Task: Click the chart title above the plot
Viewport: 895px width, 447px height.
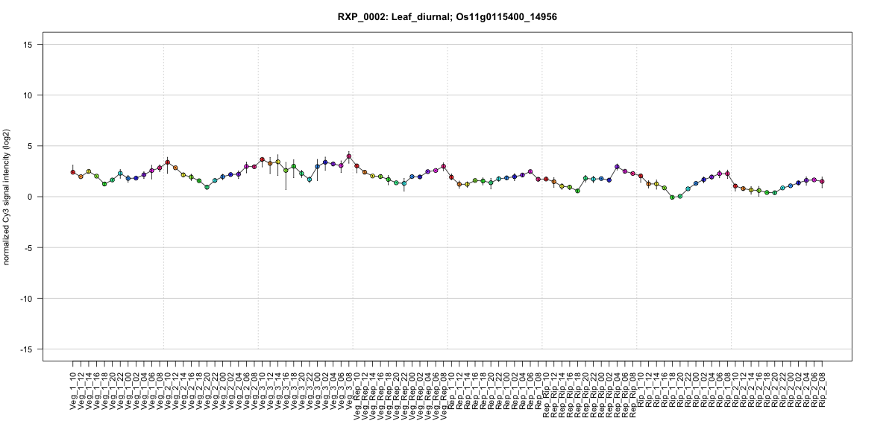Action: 447,16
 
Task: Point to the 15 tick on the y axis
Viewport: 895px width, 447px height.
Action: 31,45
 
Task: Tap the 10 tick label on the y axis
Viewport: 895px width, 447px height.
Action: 31,95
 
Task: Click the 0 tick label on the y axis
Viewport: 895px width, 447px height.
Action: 33,197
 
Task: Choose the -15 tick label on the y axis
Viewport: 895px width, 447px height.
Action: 29,349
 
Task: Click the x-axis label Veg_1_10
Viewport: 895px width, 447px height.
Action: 73,387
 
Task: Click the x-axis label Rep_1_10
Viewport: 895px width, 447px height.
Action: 451,387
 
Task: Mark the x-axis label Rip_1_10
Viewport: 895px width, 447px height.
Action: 641,387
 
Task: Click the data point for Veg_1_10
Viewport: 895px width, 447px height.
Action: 73,172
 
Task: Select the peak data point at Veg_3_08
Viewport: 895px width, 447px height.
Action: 349,156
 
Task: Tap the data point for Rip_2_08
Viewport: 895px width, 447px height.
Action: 822,181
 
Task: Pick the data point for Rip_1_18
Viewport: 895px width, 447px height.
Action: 672,197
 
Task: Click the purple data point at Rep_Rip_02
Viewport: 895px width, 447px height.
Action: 617,167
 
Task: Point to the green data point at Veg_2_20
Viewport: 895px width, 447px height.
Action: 207,187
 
